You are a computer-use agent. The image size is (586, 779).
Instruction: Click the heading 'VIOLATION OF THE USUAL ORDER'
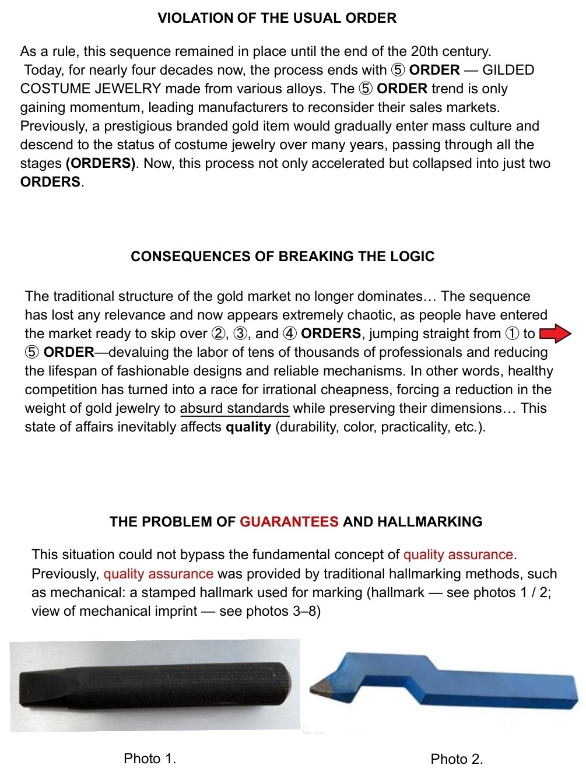(277, 18)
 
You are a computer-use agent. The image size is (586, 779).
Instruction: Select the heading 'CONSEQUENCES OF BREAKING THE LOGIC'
(282, 257)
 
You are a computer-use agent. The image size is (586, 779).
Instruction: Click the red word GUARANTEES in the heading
(289, 521)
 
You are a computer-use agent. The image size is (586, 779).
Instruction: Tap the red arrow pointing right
(556, 334)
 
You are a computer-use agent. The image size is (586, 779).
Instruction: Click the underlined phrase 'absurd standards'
(234, 408)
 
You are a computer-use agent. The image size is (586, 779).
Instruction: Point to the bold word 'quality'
(248, 427)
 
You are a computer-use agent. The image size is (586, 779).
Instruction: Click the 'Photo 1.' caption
(150, 758)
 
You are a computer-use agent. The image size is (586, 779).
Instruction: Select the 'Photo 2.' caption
(457, 759)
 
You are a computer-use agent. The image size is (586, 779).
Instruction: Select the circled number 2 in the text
(217, 334)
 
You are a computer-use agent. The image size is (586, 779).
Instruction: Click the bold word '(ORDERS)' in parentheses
(101, 163)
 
